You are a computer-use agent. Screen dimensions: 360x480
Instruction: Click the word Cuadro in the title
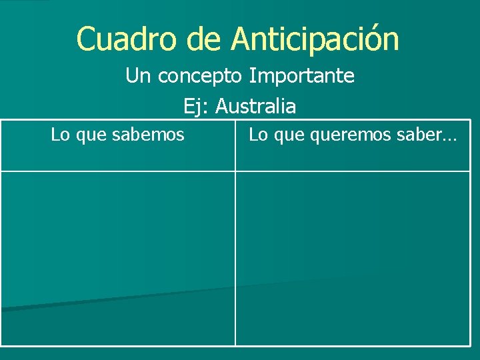[x=127, y=39]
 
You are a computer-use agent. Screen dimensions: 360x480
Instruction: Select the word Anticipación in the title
[x=315, y=39]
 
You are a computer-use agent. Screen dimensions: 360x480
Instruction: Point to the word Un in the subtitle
[x=138, y=76]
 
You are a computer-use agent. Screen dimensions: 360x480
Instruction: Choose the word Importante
[x=302, y=76]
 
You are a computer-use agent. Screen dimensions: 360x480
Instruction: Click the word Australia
[x=256, y=106]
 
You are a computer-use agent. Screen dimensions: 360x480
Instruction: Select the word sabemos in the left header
[x=150, y=135]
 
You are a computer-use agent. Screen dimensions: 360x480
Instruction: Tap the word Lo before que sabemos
[x=60, y=135]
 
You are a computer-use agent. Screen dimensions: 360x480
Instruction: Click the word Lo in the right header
[x=257, y=135]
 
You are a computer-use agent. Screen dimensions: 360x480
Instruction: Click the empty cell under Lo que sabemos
[x=118, y=258]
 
